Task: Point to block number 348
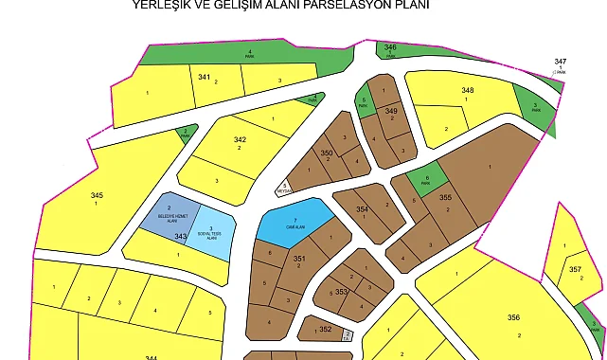[x=467, y=91]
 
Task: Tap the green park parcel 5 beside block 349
[x=364, y=100]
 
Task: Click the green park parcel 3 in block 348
[x=535, y=106]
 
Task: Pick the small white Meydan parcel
[x=284, y=188]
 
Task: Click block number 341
[x=204, y=76]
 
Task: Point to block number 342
[x=240, y=139]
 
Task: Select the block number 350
[x=327, y=153]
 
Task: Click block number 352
[x=325, y=330]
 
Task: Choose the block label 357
[x=575, y=269]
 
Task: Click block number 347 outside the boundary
[x=561, y=62]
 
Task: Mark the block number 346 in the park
[x=390, y=46]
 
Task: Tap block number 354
[x=361, y=208]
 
